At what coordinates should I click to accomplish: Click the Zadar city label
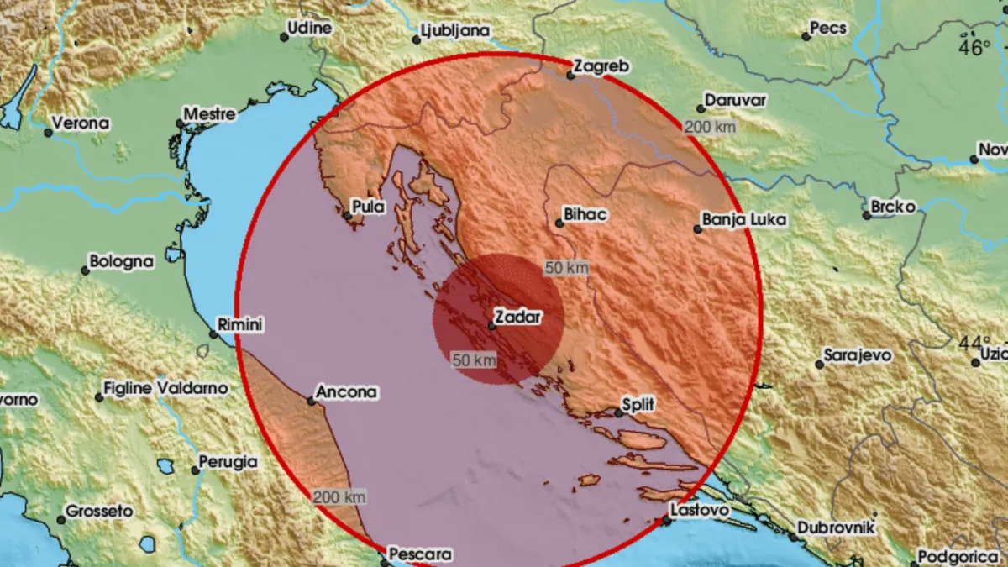click(x=517, y=318)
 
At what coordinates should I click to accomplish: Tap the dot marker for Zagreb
click(x=570, y=76)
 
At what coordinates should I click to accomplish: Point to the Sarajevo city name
click(x=858, y=355)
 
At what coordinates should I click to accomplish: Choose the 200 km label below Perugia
click(x=340, y=497)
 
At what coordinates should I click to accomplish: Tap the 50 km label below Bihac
click(x=566, y=268)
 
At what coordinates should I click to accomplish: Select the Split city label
click(x=639, y=405)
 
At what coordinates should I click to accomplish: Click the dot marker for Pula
click(x=348, y=217)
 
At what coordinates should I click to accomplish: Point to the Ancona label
click(x=347, y=391)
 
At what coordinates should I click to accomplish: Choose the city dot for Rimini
click(x=213, y=334)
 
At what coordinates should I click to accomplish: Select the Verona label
click(x=81, y=123)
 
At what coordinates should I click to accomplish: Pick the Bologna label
click(x=122, y=261)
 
